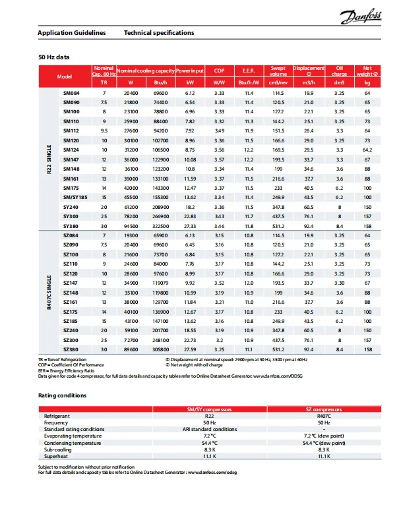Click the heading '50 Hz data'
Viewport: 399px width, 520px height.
click(54, 58)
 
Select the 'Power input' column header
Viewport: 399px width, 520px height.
click(190, 70)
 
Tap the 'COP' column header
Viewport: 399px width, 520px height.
click(220, 70)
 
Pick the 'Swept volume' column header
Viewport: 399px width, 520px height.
click(278, 70)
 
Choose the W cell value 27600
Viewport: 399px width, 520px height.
click(131, 131)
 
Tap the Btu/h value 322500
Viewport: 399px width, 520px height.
click(160, 226)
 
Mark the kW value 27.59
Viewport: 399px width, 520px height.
click(190, 349)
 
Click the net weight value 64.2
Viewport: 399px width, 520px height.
click(367, 150)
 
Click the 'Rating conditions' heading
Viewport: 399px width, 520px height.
click(62, 395)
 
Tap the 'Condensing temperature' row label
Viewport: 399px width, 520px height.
click(73, 443)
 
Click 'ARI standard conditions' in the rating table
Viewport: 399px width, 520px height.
click(210, 430)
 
